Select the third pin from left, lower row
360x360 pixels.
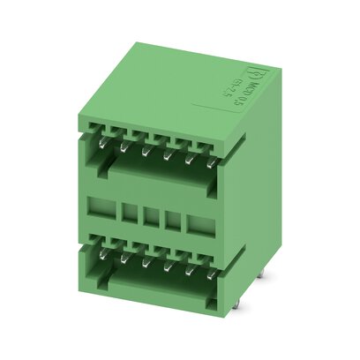(x=146, y=260)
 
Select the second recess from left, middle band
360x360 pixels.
(x=129, y=214)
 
